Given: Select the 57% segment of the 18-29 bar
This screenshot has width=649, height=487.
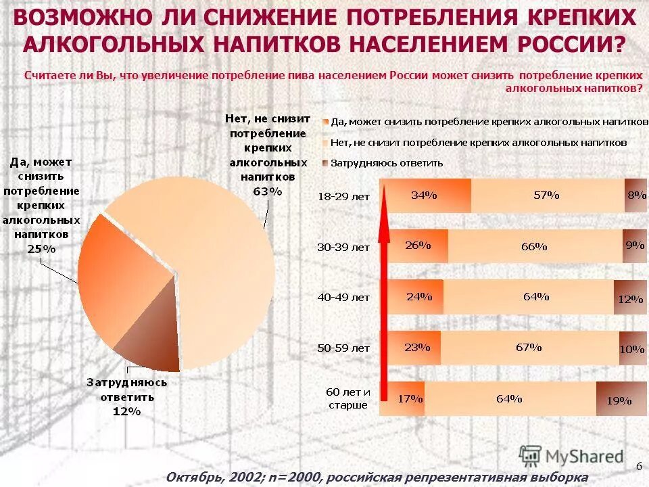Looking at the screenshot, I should pos(547,195).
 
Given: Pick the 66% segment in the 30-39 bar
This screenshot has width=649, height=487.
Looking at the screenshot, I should pos(534,246).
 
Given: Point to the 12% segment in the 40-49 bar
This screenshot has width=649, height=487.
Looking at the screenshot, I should pos(630,298).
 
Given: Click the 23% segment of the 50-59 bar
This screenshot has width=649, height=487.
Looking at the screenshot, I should pos(412,348).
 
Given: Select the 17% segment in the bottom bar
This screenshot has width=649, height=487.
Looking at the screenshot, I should pos(404,399).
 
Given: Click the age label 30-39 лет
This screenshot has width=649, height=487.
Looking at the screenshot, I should pos(343,247).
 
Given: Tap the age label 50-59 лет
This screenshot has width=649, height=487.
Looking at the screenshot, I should pos(343,348).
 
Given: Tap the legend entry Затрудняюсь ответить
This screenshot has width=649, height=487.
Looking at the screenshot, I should pos(386,163).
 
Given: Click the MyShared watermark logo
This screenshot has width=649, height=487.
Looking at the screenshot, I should pos(571,456).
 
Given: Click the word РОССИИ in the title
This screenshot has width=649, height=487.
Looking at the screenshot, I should pos(571,44).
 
